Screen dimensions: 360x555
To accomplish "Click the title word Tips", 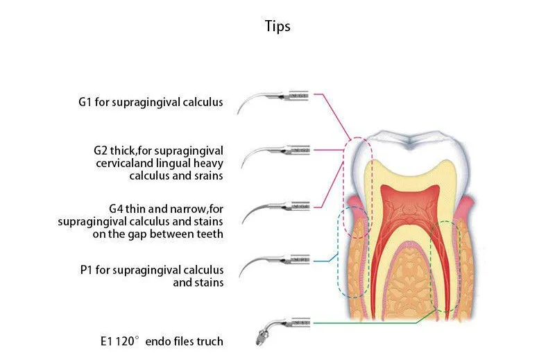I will tap(277, 27).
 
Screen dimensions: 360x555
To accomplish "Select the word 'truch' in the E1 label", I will tap(210, 341).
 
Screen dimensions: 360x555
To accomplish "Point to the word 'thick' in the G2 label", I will tap(126, 150).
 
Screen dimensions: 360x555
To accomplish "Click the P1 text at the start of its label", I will tap(86, 269).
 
